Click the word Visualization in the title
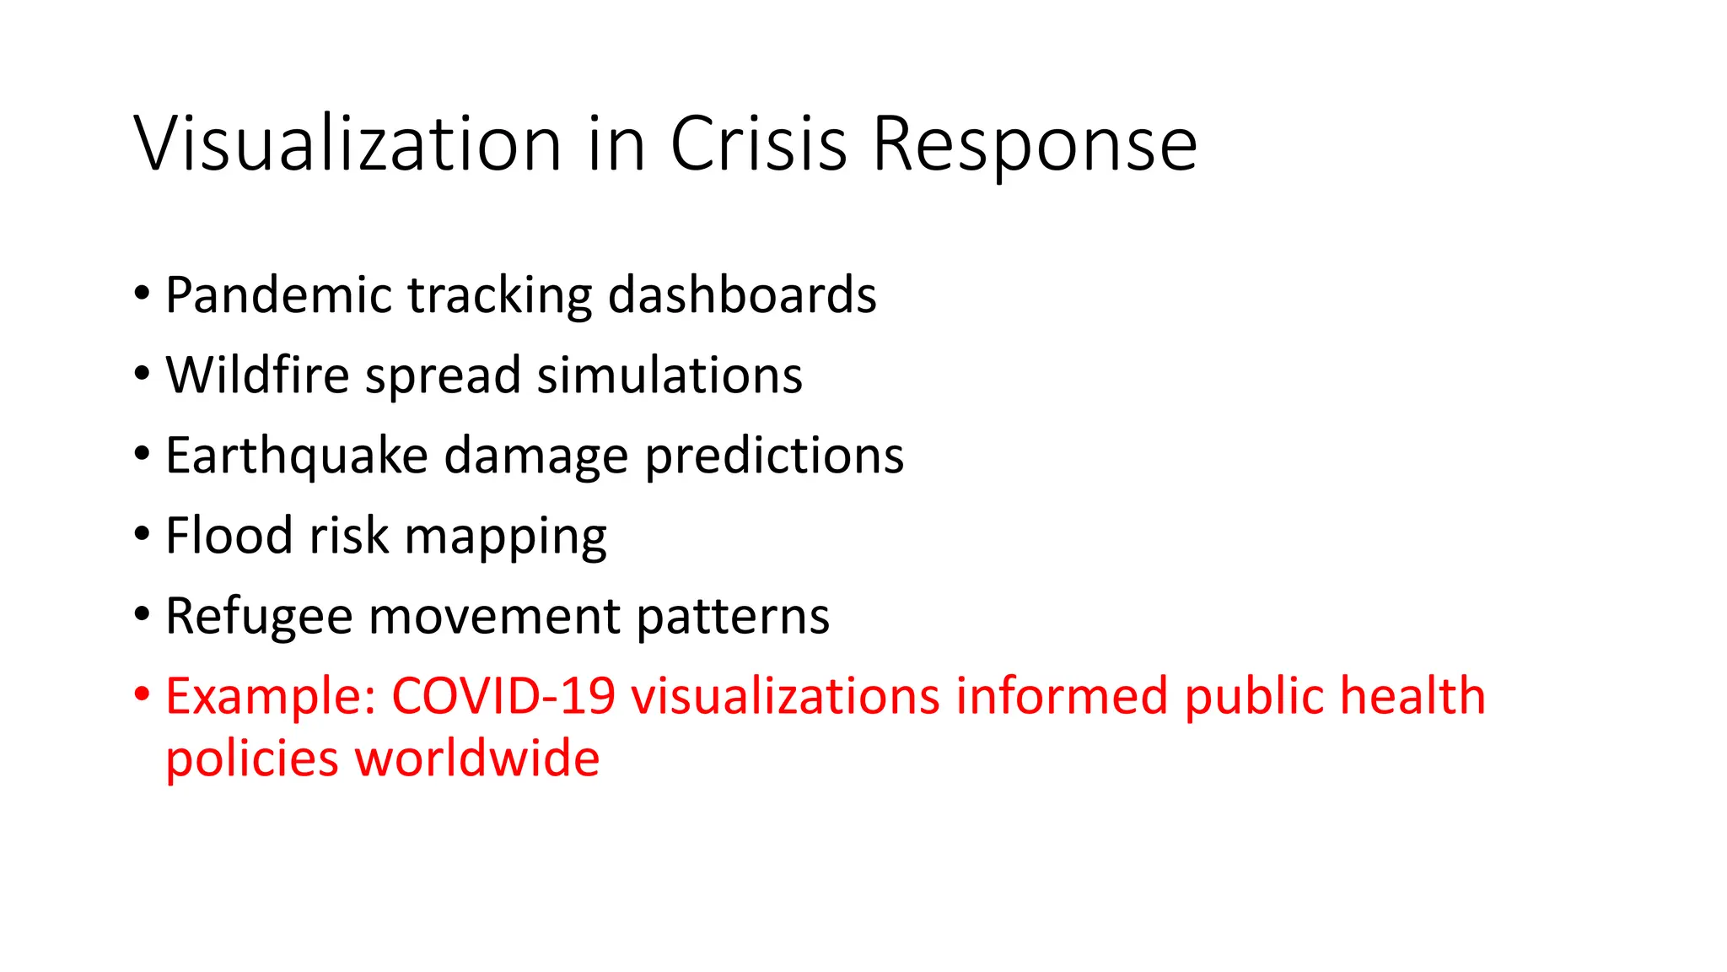347,143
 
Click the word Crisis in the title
758,143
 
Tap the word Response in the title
1034,145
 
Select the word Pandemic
278,295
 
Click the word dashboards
742,295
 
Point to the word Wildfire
257,375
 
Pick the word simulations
670,375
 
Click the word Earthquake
297,456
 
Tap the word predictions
774,456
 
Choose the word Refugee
259,616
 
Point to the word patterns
733,618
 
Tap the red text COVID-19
503,696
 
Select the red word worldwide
477,758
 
